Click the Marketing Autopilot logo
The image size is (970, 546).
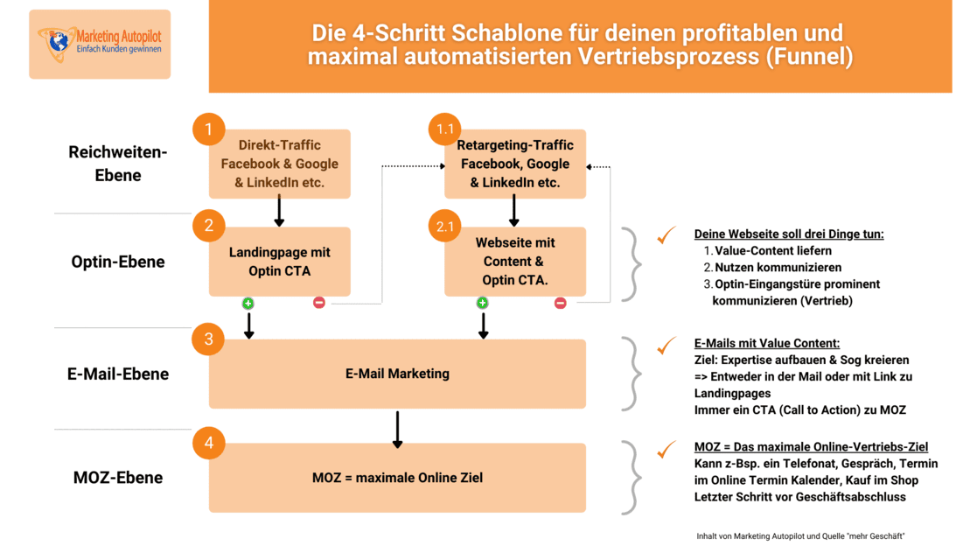click(100, 44)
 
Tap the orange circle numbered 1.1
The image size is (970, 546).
click(444, 130)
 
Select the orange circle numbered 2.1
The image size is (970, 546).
click(444, 227)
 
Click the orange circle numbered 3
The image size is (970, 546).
click(209, 339)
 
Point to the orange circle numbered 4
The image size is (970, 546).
click(209, 443)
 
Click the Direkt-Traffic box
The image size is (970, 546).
click(280, 164)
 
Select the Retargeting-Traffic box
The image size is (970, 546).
click(515, 164)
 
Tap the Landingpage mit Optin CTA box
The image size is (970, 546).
click(280, 262)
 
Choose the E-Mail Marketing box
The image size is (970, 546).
click(397, 374)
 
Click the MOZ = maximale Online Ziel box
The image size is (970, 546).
click(397, 478)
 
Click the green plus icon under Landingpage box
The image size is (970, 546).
click(248, 303)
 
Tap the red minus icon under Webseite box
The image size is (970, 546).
click(561, 303)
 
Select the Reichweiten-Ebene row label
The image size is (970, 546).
click(118, 164)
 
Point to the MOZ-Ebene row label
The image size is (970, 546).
click(118, 478)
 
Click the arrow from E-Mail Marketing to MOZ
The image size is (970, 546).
click(397, 429)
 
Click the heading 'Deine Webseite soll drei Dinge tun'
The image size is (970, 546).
click(790, 234)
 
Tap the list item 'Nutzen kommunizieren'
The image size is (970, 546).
click(766, 267)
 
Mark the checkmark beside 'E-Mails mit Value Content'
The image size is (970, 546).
click(667, 345)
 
